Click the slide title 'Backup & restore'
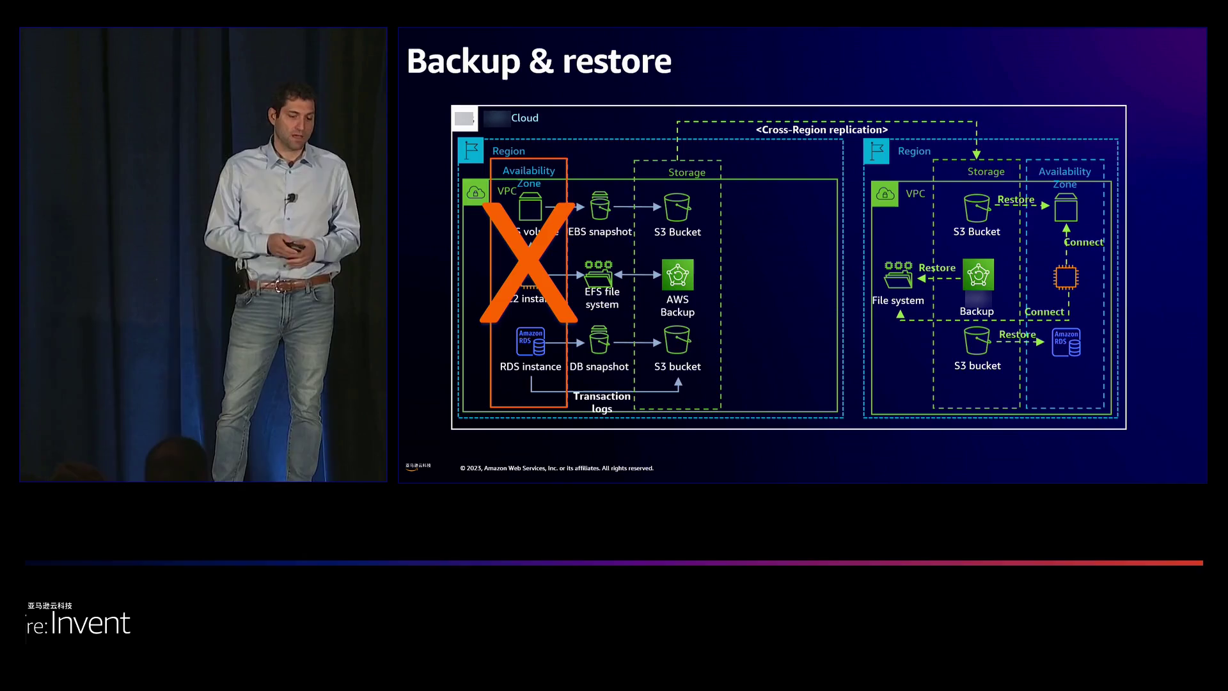pos(539,61)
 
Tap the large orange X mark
pos(528,262)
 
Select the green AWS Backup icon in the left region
pos(677,275)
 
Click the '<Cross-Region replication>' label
pos(821,130)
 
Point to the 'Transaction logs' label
pos(601,402)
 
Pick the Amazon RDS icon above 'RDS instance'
pos(530,342)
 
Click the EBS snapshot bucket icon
pos(599,206)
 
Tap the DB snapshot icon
pos(599,340)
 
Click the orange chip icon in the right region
pos(1066,277)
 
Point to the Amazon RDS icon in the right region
pos(1066,342)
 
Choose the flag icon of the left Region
pos(471,151)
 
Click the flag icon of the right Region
pos(876,152)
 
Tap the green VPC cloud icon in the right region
pos(885,194)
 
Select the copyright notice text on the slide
pos(556,468)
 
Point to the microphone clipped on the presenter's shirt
pos(292,198)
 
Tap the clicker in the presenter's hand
pos(295,246)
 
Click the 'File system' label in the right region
pos(897,301)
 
